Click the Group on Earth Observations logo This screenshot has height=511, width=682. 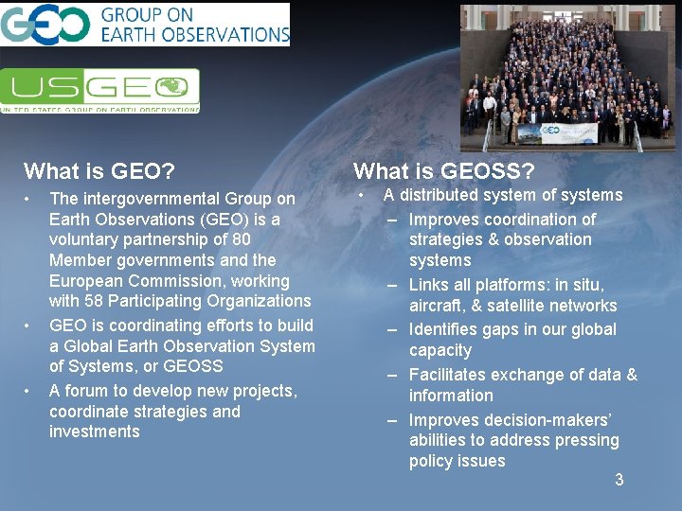(x=145, y=25)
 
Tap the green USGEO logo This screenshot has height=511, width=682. (x=99, y=91)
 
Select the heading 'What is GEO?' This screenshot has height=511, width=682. (x=99, y=171)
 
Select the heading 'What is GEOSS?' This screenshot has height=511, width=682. (x=444, y=171)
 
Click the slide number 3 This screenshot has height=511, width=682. (x=619, y=480)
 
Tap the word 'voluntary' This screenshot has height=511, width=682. (x=83, y=239)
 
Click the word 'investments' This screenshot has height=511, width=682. (x=95, y=432)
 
